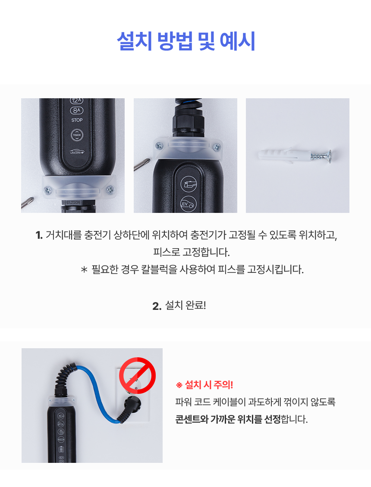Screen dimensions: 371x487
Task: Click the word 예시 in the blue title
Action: point(238,41)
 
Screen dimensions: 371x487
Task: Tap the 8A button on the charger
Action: point(76,110)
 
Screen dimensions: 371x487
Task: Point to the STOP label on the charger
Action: point(77,120)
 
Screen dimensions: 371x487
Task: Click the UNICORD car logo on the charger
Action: point(77,152)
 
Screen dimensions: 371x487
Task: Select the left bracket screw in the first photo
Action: point(48,190)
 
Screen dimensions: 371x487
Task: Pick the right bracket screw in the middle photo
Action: point(217,147)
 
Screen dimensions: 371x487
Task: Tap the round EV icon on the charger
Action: point(189,204)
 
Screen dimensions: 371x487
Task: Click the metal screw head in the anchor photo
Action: point(328,156)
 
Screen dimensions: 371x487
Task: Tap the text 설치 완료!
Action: point(185,305)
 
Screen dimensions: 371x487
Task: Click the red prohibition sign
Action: point(138,375)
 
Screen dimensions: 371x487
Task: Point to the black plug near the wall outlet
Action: point(131,406)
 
